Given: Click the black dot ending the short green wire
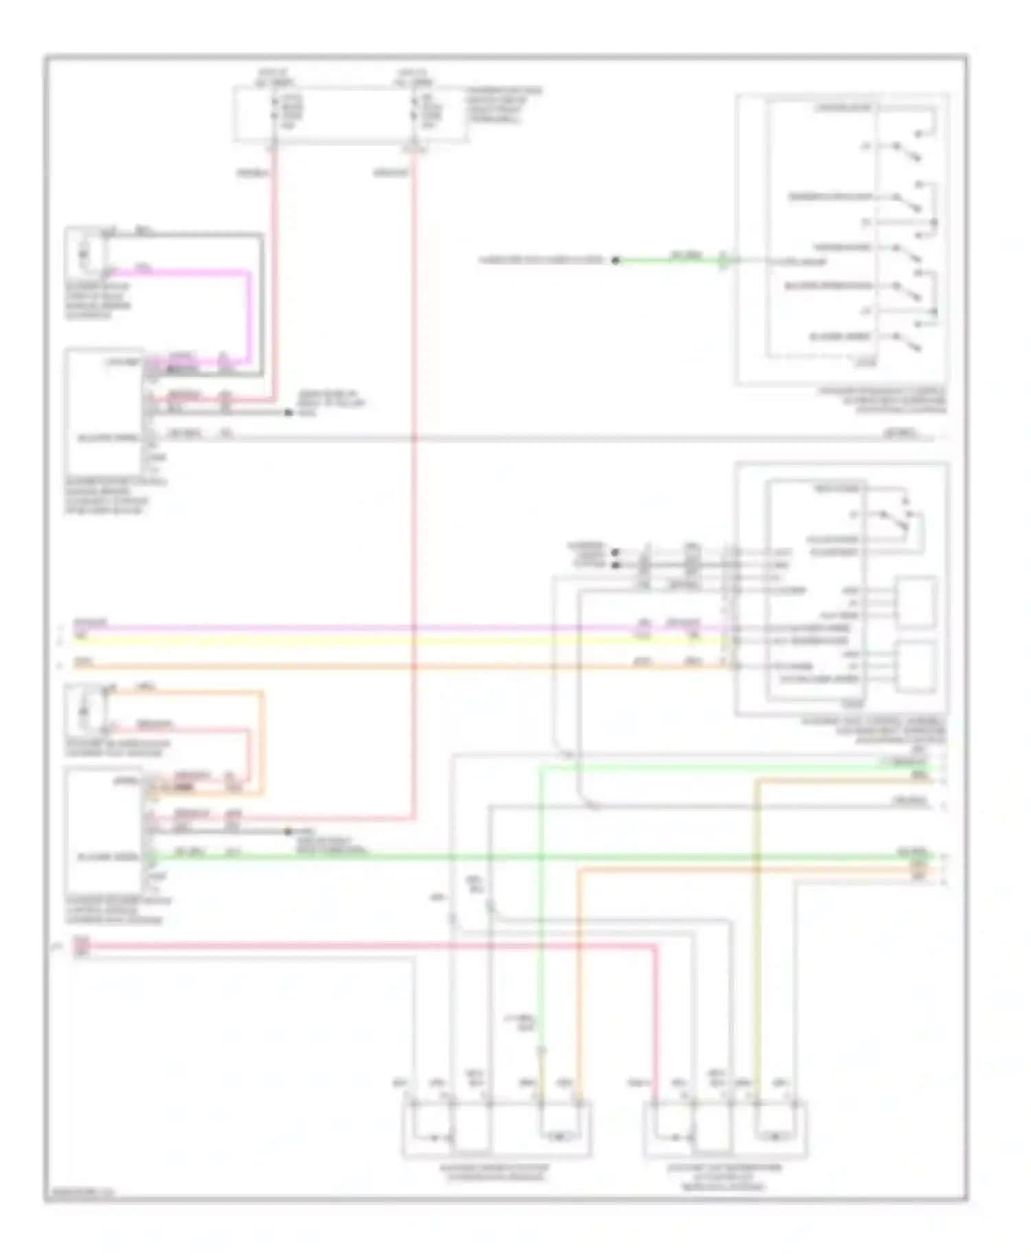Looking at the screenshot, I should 615,260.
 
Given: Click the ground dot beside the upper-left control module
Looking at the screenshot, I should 289,413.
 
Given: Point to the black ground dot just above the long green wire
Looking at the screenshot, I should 289,831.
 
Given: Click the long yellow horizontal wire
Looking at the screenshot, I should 344,640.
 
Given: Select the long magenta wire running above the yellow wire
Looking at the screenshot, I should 344,628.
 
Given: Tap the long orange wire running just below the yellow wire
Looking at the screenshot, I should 344,666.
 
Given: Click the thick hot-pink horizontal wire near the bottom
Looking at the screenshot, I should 344,947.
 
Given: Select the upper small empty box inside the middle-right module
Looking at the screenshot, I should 915,603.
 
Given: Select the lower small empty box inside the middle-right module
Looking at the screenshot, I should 915,666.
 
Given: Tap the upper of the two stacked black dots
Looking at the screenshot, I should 616,552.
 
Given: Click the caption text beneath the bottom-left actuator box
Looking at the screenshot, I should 496,1172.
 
